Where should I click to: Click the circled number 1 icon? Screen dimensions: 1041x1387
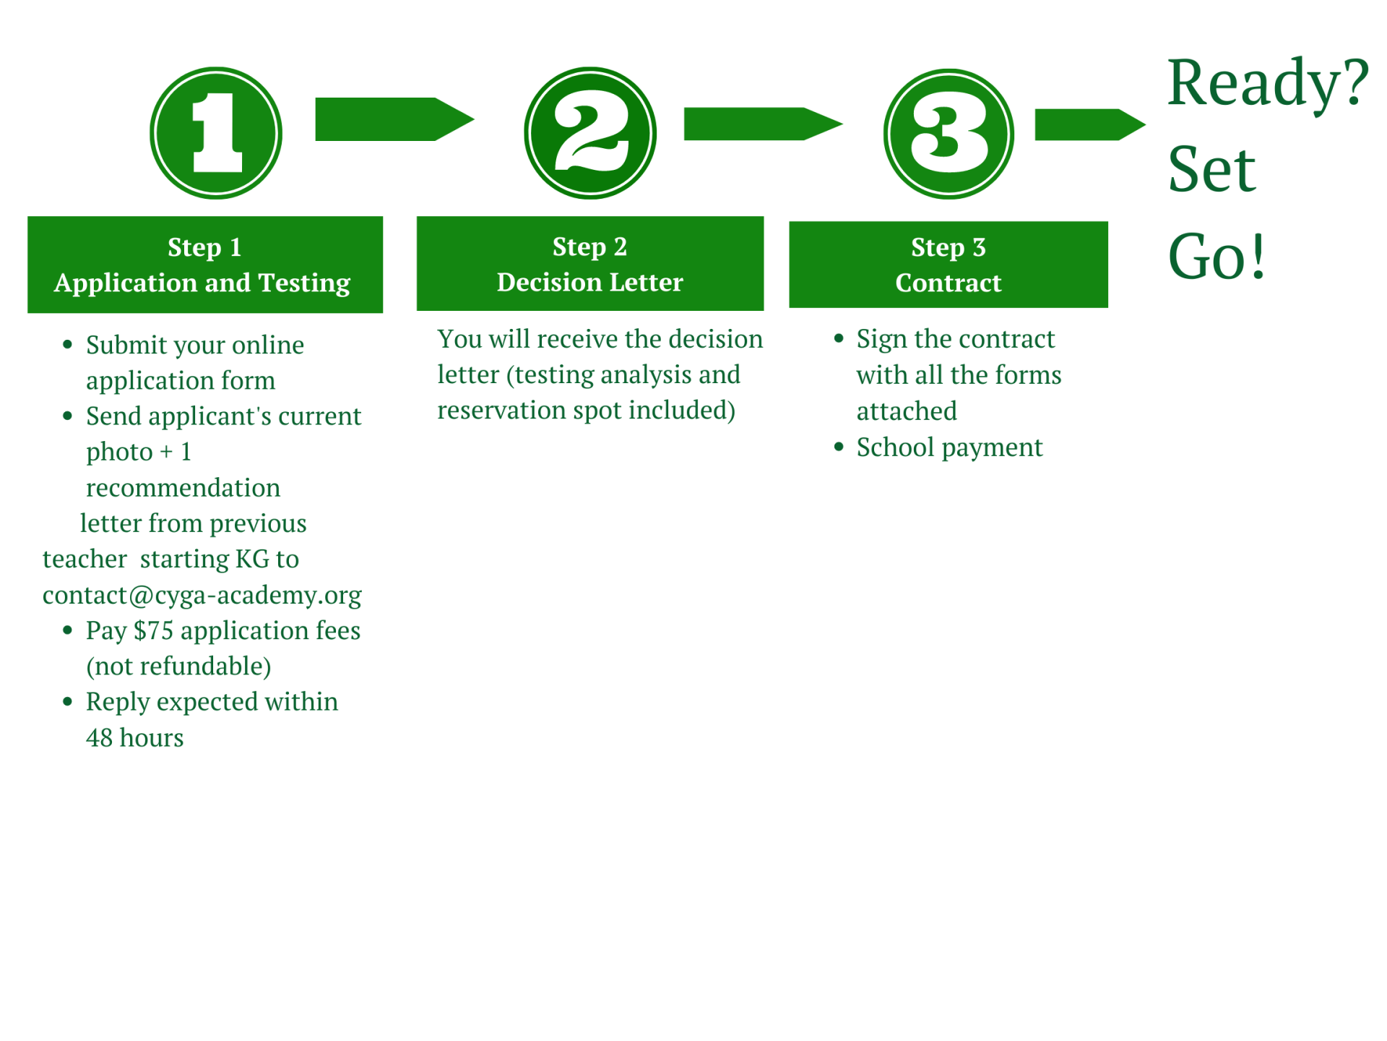(x=216, y=133)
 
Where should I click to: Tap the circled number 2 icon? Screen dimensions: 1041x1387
(x=590, y=133)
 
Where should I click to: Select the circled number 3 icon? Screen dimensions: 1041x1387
(x=949, y=134)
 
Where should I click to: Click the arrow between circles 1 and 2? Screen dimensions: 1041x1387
(x=394, y=119)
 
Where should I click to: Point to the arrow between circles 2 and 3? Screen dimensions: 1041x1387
(x=762, y=124)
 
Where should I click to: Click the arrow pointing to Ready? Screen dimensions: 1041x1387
(x=1089, y=124)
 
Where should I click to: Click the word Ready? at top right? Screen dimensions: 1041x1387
(x=1267, y=84)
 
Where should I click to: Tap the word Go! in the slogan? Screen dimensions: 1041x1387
(x=1217, y=257)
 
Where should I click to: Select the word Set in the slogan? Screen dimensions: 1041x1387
(x=1211, y=171)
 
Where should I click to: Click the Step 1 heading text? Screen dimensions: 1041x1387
(x=204, y=247)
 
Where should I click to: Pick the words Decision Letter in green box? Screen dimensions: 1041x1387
(x=589, y=283)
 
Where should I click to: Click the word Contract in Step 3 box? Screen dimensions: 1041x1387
(x=948, y=283)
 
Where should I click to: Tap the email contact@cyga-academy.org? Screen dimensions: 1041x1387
(x=202, y=595)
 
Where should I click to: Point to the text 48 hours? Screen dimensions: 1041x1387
(x=134, y=737)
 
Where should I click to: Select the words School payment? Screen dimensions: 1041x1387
(x=949, y=447)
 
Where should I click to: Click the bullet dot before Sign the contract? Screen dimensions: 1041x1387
(x=838, y=338)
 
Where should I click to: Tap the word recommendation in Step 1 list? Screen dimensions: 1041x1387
(x=183, y=488)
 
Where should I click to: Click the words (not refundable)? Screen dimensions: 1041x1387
(x=178, y=666)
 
